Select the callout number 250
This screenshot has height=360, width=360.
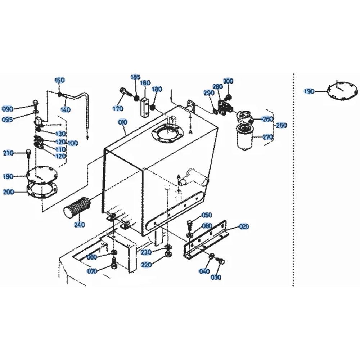tap(281, 125)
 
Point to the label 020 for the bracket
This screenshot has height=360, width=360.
tap(244, 226)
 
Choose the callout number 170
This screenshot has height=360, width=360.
tap(118, 108)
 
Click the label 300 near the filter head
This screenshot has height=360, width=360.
tap(228, 81)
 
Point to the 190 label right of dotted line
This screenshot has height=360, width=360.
tap(309, 91)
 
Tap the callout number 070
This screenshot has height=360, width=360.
tap(92, 271)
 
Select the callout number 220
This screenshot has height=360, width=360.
tap(147, 265)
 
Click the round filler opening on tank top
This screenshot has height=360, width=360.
tap(167, 134)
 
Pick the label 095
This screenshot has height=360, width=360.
tap(7, 120)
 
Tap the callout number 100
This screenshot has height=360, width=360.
tap(73, 143)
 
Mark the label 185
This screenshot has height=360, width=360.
tap(135, 77)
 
